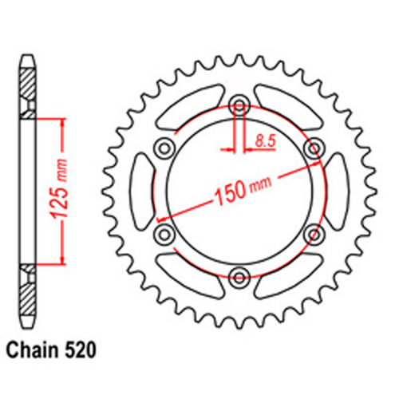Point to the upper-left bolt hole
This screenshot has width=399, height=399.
(164, 147)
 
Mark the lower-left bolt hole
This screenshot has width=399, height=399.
(164, 234)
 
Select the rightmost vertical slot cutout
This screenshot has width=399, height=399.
(337, 190)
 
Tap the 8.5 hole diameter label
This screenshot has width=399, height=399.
(264, 140)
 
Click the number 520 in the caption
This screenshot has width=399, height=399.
(82, 350)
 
